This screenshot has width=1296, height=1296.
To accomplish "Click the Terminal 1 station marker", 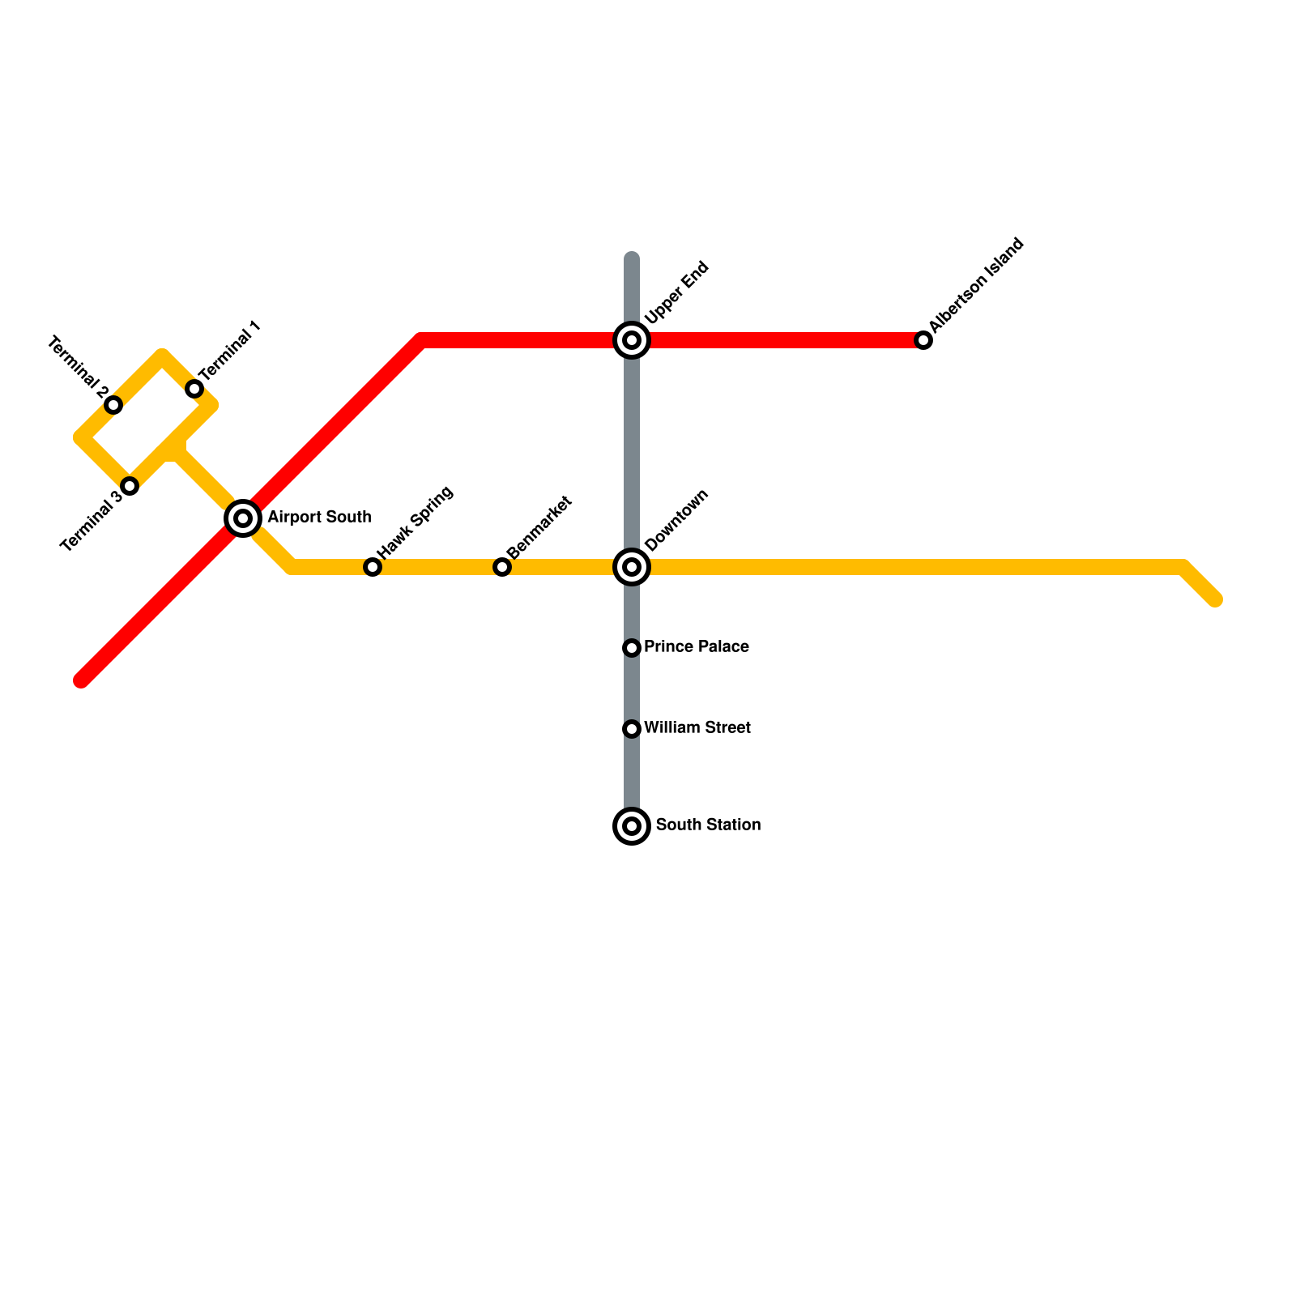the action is point(194,389).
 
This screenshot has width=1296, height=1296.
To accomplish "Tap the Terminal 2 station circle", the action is point(113,405).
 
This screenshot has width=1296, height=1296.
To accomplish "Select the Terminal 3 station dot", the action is point(130,486).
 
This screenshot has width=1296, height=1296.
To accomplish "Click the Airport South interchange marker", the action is point(243,518).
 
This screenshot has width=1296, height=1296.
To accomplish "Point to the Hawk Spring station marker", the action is point(373,567).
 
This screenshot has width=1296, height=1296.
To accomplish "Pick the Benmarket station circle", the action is point(502,567).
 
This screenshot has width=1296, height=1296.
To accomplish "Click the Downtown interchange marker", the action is point(632,567).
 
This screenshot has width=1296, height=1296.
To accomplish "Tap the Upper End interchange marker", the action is point(632,340).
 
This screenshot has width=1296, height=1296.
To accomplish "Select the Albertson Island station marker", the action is point(923,340).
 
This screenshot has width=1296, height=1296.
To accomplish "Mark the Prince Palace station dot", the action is point(632,648).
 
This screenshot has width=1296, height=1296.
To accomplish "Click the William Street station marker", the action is point(632,729).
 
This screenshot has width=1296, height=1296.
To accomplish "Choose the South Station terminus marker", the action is point(632,826).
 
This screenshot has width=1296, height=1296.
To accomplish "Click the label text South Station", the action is point(708,825).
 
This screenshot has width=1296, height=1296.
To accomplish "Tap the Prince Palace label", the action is point(697,647).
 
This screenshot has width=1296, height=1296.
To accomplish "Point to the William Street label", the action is point(697,728).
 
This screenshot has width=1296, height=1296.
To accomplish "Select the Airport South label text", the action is point(319,518).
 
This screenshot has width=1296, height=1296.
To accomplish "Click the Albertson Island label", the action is point(977,285).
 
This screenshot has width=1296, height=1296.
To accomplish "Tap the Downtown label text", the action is point(677,520).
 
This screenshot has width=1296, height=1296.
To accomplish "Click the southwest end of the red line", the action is point(82,680).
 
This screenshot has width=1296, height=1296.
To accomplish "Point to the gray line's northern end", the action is point(632,258).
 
